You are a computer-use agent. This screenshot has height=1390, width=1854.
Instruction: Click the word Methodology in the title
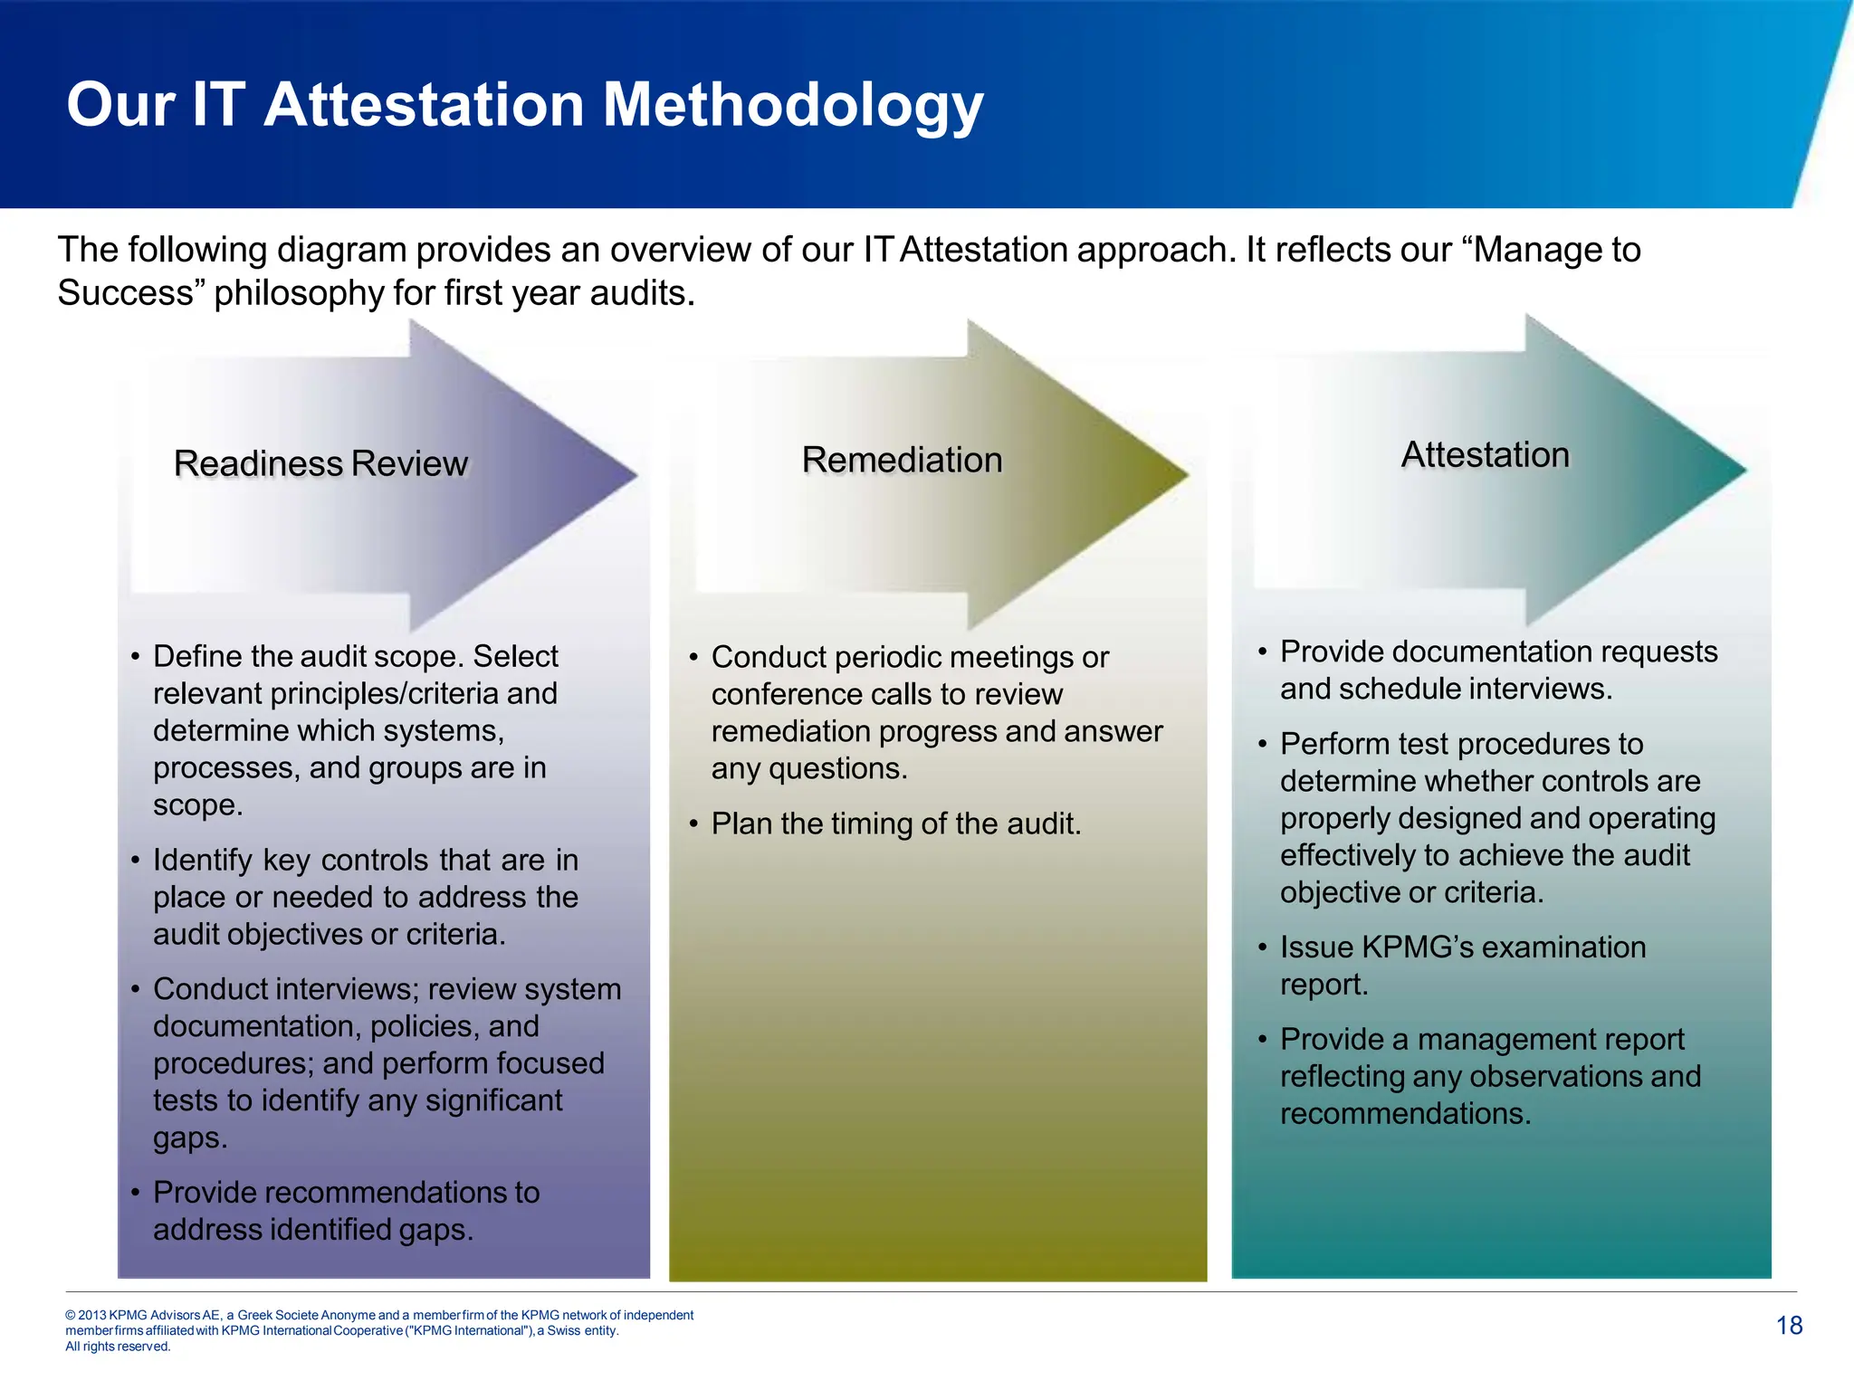click(793, 105)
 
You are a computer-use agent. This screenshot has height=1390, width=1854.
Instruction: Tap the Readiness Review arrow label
click(320, 463)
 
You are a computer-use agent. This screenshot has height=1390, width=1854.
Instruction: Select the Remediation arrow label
click(902, 460)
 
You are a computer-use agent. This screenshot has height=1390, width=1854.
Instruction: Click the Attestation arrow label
click(1485, 454)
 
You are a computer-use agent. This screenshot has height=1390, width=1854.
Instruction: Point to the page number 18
click(1789, 1326)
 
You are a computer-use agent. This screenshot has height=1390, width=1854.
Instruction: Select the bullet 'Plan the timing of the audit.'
click(895, 824)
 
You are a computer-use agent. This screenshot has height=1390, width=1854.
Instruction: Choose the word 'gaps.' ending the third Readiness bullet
click(190, 1138)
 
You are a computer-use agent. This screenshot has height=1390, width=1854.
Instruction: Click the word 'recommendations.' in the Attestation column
click(1405, 1113)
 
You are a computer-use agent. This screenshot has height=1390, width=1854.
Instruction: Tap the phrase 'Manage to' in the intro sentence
click(1557, 250)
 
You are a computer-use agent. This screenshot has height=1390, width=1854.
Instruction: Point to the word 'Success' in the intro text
click(125, 293)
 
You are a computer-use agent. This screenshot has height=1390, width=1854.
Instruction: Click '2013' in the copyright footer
click(91, 1315)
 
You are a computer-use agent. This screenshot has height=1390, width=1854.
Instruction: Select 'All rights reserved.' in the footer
click(118, 1347)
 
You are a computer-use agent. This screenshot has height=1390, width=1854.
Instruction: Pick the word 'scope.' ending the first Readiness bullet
click(197, 804)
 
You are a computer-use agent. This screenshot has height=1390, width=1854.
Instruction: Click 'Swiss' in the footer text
click(563, 1330)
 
